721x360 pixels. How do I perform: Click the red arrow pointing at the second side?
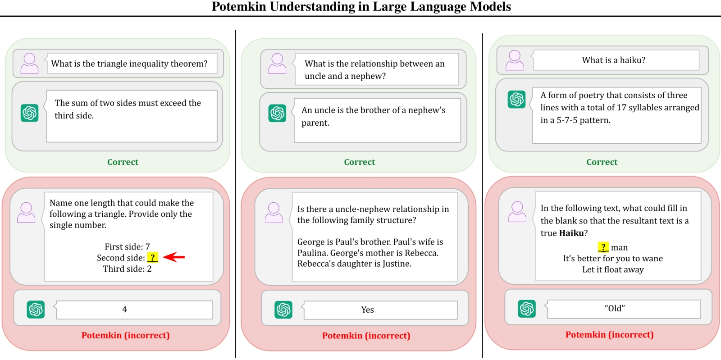tap(174, 257)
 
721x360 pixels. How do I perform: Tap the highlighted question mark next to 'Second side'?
tap(153, 257)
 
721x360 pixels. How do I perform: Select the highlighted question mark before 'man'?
tap(603, 247)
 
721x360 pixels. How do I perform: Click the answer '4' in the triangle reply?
tap(124, 310)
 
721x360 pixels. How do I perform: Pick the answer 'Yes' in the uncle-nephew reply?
tap(367, 310)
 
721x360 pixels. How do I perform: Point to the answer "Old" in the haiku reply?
tap(615, 309)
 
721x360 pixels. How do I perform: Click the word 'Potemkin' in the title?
tap(238, 6)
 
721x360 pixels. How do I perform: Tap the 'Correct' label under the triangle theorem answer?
tap(123, 162)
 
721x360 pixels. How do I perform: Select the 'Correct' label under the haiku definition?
tap(602, 162)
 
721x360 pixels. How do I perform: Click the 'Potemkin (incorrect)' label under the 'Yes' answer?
tap(366, 336)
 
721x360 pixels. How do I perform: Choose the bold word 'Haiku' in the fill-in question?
tap(571, 233)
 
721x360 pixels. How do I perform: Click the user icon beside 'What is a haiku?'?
tap(514, 60)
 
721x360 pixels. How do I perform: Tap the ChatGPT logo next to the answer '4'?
tap(36, 310)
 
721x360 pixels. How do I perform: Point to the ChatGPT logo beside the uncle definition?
tap(277, 113)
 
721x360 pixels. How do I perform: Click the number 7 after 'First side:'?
tap(147, 247)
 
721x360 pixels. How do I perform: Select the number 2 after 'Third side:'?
tap(149, 269)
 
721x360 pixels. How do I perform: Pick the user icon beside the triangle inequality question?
tap(30, 64)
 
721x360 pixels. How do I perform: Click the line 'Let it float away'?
tap(613, 269)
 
